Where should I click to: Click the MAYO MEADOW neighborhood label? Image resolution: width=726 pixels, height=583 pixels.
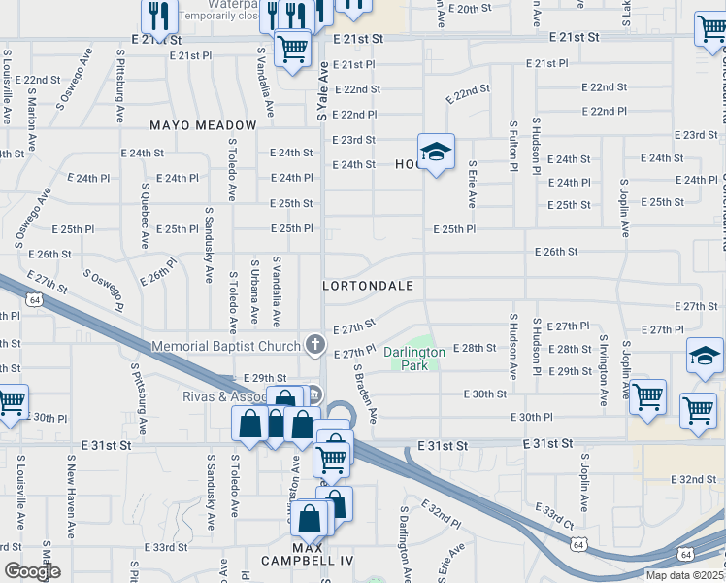pyautogui.click(x=203, y=125)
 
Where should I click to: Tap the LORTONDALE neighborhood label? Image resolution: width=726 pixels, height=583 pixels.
pyautogui.click(x=368, y=287)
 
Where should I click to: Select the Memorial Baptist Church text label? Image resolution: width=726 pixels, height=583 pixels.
pyautogui.click(x=226, y=346)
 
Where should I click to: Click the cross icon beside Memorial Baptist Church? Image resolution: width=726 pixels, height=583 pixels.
pyautogui.click(x=314, y=344)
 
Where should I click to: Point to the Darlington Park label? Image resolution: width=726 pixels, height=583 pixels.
pyautogui.click(x=413, y=359)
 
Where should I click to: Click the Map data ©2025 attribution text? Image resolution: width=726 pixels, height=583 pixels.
pyautogui.click(x=685, y=575)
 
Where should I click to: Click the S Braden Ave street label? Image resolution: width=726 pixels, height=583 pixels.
pyautogui.click(x=365, y=393)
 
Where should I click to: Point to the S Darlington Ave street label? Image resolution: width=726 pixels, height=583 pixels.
pyautogui.click(x=403, y=539)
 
